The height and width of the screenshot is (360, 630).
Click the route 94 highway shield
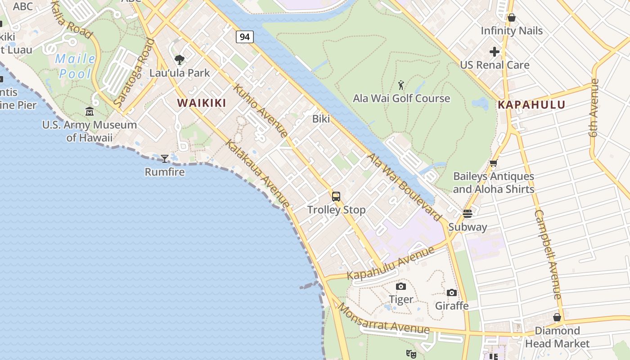click(245, 37)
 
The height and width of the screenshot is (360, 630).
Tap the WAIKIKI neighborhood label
click(202, 103)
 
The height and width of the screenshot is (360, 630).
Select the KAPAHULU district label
click(531, 105)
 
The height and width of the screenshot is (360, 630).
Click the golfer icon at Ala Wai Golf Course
click(401, 84)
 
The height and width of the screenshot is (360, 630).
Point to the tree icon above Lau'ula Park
click(180, 59)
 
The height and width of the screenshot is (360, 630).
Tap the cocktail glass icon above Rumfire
click(165, 158)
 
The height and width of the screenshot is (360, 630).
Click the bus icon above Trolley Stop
click(336, 196)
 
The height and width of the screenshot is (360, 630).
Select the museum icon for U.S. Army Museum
click(90, 111)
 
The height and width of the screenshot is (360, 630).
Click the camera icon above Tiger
click(400, 286)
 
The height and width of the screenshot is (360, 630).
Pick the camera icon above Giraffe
click(452, 293)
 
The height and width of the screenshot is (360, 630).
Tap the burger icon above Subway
click(468, 214)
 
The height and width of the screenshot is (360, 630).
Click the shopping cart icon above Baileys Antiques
click(493, 163)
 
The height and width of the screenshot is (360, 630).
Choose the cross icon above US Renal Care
click(495, 52)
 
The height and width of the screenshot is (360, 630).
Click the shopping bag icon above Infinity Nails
click(511, 18)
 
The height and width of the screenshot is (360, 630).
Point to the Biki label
click(321, 119)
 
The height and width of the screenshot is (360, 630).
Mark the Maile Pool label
click(75, 66)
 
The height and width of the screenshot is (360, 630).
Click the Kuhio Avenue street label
click(261, 111)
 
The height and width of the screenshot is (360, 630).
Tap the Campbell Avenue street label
click(548, 254)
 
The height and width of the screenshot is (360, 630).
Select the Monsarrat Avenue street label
click(383, 320)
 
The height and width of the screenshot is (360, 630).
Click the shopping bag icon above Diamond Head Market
click(557, 317)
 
